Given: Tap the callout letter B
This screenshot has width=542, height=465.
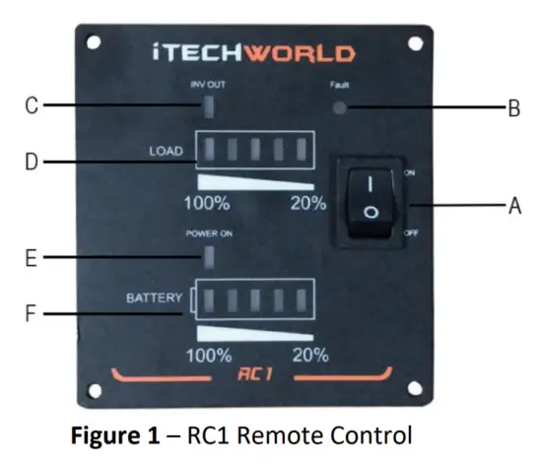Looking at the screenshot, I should (513, 109).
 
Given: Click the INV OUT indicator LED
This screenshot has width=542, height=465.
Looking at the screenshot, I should (208, 104).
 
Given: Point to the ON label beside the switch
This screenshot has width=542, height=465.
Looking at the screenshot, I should (410, 171).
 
